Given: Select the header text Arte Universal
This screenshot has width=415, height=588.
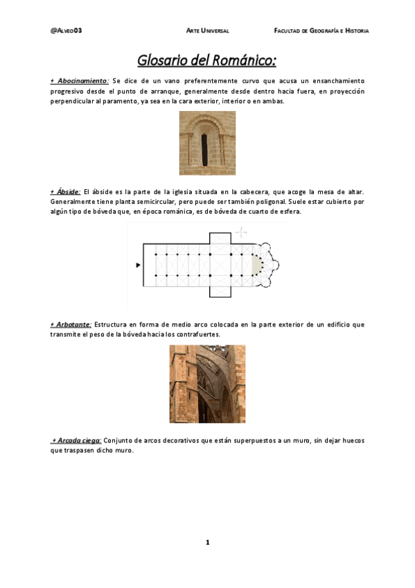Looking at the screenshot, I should click(x=207, y=31).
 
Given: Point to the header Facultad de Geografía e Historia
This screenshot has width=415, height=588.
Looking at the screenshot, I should click(x=321, y=31).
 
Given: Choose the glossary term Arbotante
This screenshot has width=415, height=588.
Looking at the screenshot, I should click(x=72, y=324).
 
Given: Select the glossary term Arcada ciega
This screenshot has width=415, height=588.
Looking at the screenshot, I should click(x=78, y=440).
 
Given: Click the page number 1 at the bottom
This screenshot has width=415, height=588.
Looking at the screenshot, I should click(x=206, y=542).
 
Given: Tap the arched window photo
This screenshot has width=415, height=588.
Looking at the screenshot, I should click(x=206, y=144).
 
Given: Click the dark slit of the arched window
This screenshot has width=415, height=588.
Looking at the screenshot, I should click(x=204, y=148).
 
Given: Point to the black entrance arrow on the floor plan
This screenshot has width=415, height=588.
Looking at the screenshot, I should click(x=138, y=265).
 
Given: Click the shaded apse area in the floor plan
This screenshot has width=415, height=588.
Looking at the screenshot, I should click(x=258, y=265).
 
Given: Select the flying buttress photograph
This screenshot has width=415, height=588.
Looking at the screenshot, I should click(x=206, y=384).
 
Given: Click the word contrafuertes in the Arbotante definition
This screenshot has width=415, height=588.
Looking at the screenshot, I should click(x=200, y=334).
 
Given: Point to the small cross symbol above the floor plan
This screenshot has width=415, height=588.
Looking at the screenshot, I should click(x=240, y=232).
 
